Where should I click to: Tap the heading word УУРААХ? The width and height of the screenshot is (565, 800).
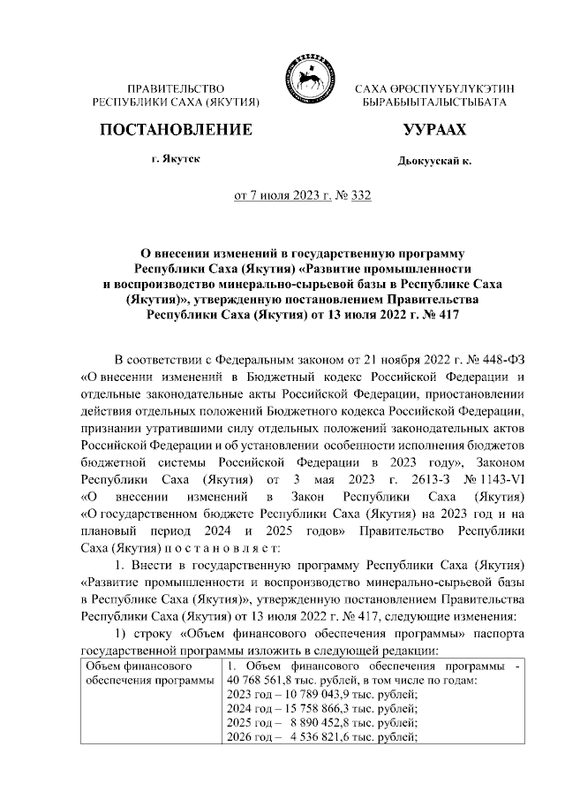coord(433,131)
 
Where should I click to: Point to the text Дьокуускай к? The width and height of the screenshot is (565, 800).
coord(434,163)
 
